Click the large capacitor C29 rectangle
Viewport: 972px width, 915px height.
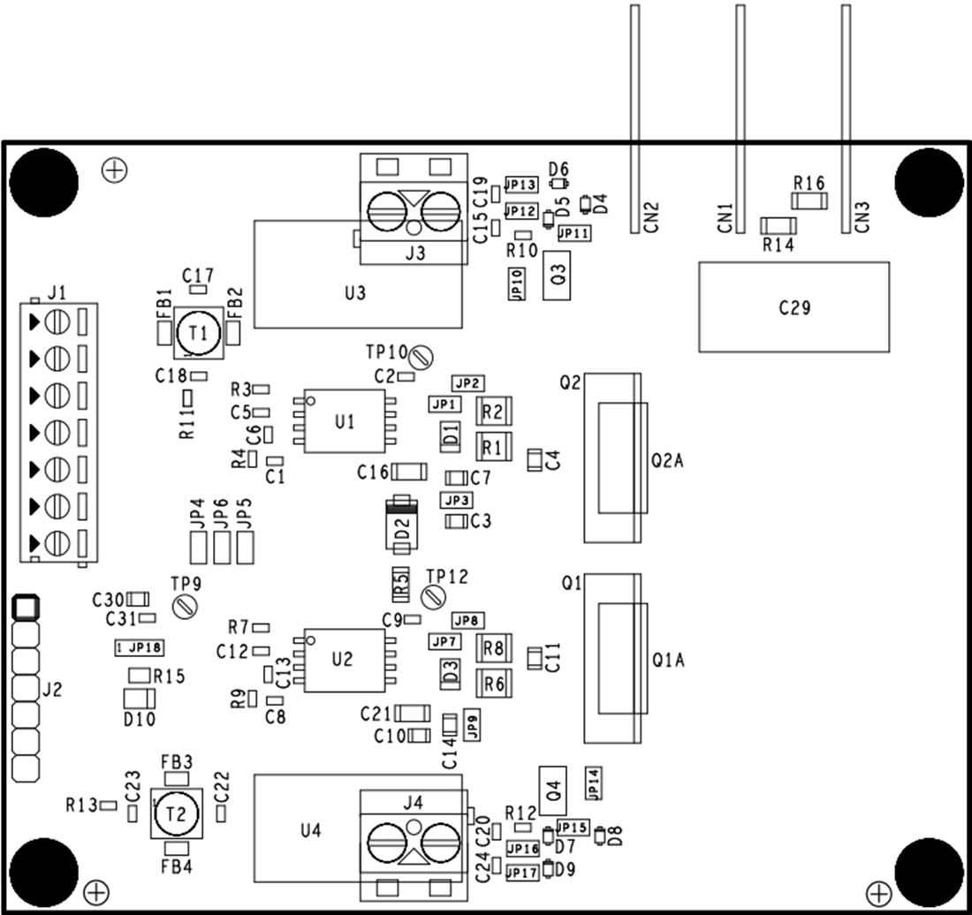tap(794, 307)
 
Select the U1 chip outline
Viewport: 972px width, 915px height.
tap(345, 421)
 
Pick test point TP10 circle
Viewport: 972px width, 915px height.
tap(421, 358)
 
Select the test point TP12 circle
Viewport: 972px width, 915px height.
tap(432, 596)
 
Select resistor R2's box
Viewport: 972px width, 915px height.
tap(493, 412)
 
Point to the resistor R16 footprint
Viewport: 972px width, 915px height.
tap(809, 202)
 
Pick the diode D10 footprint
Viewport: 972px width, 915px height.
tap(139, 699)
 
